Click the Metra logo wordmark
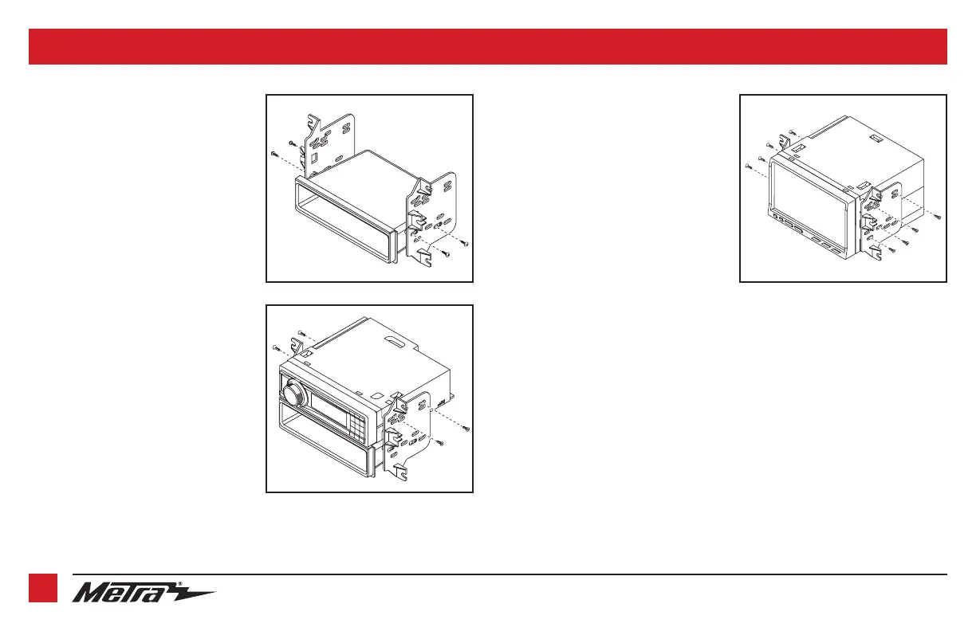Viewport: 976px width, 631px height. point(126,593)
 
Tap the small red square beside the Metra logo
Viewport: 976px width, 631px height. point(43,588)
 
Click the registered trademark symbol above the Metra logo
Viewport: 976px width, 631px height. point(180,584)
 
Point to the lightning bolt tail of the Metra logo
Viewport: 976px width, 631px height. point(196,594)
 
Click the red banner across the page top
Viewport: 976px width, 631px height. point(488,46)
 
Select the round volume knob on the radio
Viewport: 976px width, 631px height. point(294,391)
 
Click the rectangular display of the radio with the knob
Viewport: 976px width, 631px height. point(329,410)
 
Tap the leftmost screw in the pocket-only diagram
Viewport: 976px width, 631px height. point(274,154)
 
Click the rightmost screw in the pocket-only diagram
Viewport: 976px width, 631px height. point(465,244)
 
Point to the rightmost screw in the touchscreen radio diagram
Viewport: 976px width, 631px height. point(938,217)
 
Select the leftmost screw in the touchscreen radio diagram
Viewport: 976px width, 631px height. point(748,166)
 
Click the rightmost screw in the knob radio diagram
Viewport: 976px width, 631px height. point(466,429)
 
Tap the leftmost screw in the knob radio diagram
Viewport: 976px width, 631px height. point(275,347)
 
